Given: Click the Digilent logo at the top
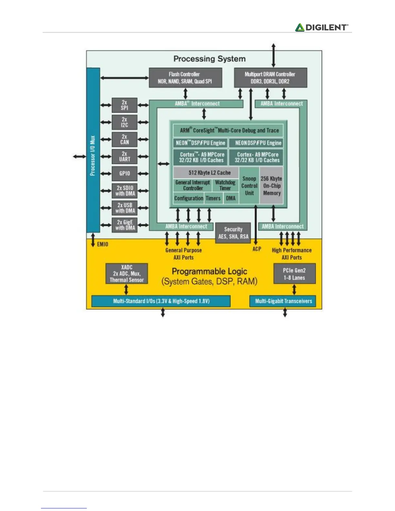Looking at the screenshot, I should click(x=322, y=27).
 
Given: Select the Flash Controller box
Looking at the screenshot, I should click(x=185, y=78).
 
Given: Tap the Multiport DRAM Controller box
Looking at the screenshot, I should click(x=270, y=78).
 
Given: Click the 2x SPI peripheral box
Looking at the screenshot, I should click(x=125, y=105).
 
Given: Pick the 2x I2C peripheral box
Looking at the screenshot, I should click(x=125, y=122).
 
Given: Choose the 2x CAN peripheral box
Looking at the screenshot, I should click(x=125, y=139).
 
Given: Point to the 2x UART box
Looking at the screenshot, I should click(x=125, y=156).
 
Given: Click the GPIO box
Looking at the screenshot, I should click(x=125, y=174).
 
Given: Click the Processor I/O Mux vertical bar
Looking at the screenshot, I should click(x=93, y=150).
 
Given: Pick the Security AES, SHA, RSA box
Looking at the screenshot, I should click(x=233, y=233).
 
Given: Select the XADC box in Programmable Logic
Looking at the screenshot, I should click(x=127, y=274).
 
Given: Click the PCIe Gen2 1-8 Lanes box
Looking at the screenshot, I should click(x=294, y=274).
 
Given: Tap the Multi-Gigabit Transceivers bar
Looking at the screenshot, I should click(x=283, y=301).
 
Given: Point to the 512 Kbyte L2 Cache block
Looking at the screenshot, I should click(x=209, y=173).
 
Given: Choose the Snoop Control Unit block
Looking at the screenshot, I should click(x=249, y=186).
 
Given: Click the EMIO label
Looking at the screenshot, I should click(x=103, y=244).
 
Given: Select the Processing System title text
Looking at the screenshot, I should click(x=209, y=59).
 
